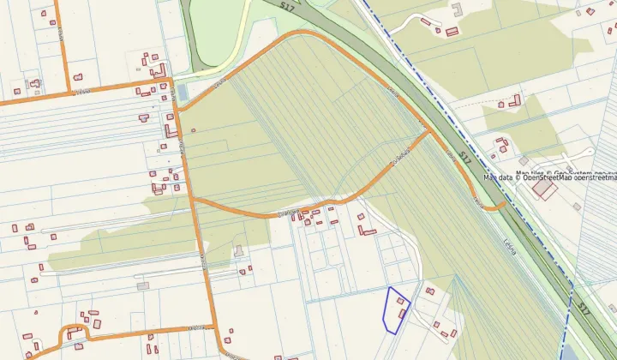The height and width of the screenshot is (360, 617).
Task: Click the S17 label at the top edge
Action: (x=288, y=6)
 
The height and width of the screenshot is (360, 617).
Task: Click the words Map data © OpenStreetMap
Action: (x=549, y=178)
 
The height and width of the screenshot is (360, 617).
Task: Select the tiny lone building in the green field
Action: (x=194, y=130)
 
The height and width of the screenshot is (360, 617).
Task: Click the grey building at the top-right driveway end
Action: (x=457, y=9)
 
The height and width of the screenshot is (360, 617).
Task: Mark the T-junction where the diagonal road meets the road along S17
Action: (x=426, y=132)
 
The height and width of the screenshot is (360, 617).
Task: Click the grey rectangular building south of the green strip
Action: (x=141, y=285)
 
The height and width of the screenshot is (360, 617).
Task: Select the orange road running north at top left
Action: (x=59, y=43)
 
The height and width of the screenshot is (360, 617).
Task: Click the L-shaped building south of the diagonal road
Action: (x=368, y=230)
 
